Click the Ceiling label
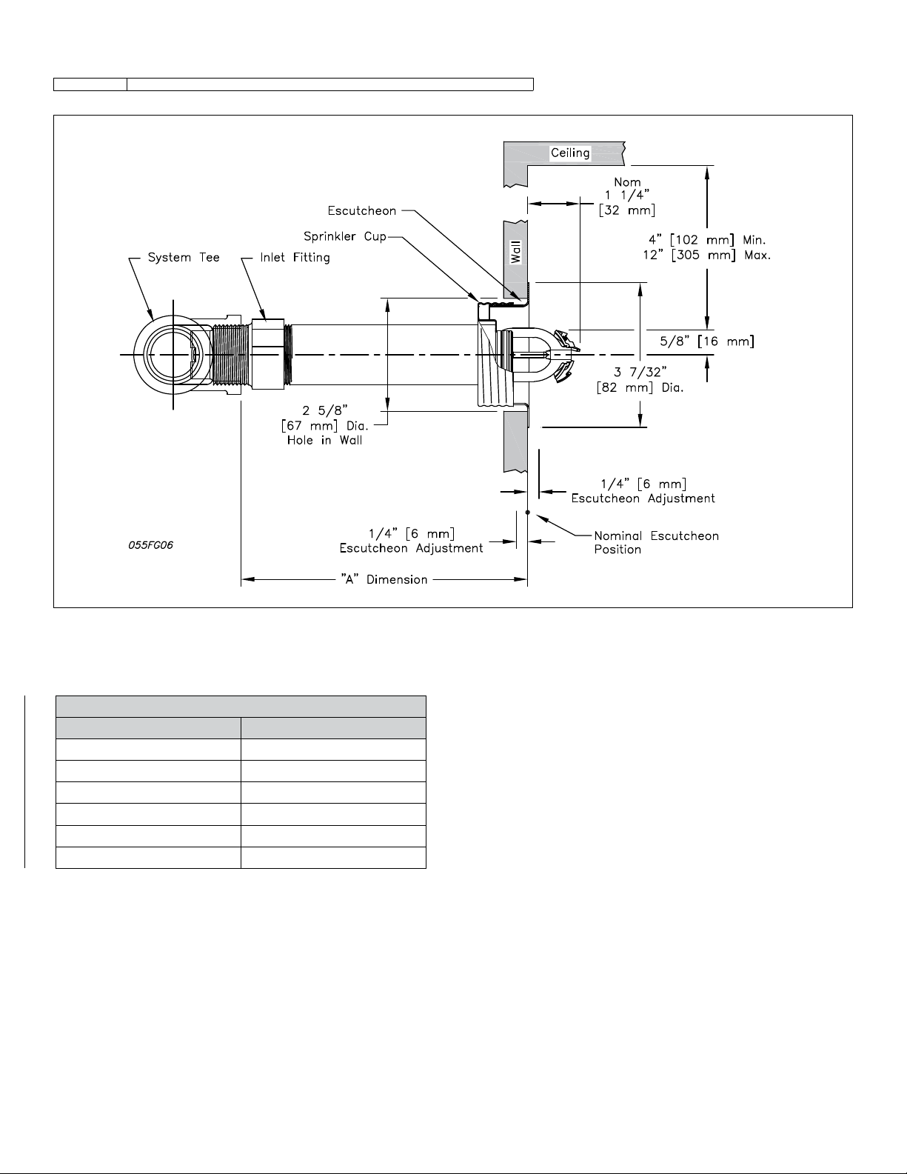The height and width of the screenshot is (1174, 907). click(x=570, y=153)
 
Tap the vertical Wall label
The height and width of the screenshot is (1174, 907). click(x=516, y=253)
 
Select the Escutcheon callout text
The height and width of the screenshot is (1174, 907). click(x=362, y=210)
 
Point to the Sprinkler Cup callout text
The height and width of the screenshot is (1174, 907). click(x=345, y=236)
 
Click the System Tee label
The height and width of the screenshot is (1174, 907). click(x=184, y=258)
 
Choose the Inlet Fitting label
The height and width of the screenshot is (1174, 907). click(x=295, y=258)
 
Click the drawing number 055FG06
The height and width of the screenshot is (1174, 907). click(x=150, y=545)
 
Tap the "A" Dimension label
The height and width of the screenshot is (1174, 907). click(x=384, y=580)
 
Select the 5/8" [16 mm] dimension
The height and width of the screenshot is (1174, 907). click(x=707, y=341)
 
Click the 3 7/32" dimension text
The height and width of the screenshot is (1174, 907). click(x=641, y=373)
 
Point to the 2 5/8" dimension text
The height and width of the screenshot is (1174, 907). click(x=324, y=411)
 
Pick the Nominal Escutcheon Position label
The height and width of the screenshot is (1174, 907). click(x=657, y=542)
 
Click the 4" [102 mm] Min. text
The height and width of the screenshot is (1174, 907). click(x=707, y=240)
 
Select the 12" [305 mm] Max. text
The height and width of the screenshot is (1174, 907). click(x=706, y=255)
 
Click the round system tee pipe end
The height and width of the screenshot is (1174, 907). click(x=173, y=354)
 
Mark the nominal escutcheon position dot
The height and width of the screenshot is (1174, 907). click(x=527, y=512)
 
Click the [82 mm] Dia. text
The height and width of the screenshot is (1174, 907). click(x=640, y=387)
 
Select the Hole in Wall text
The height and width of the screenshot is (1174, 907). click(x=324, y=440)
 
